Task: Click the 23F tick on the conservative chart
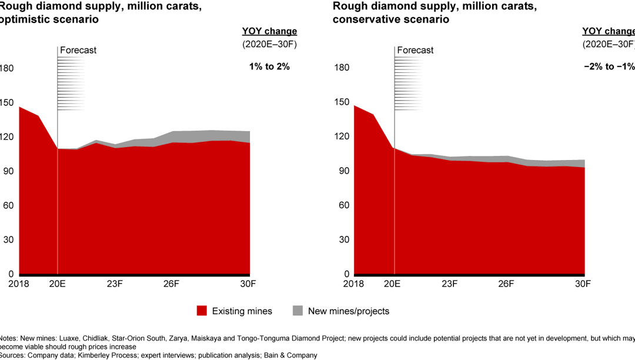tap(450, 283)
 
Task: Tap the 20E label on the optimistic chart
tap(57, 283)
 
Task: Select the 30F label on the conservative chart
tap(583, 283)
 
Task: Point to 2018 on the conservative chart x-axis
tap(353, 283)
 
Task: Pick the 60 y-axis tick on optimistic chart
tap(7, 206)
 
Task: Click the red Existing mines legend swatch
tap(202, 311)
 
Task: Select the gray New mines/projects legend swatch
tap(298, 311)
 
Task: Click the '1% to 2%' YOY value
tap(269, 66)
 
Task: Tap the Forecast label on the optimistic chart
tap(78, 50)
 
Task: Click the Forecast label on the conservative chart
tap(415, 50)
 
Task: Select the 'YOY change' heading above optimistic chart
tap(269, 31)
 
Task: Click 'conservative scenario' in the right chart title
tap(391, 19)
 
